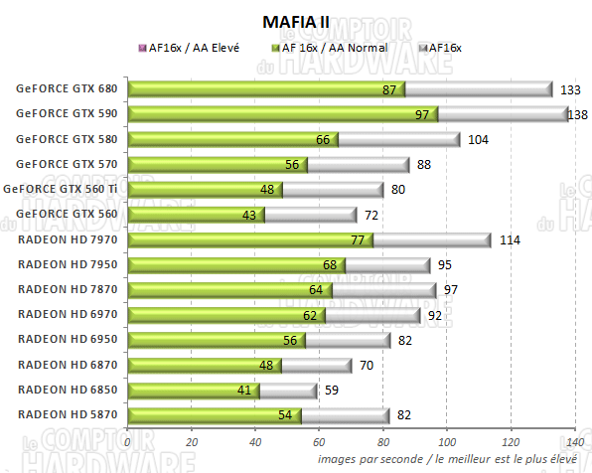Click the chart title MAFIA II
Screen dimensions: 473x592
pyautogui.click(x=295, y=20)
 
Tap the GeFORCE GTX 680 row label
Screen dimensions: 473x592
pyautogui.click(x=67, y=88)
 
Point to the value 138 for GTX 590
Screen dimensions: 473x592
pyautogui.click(x=575, y=114)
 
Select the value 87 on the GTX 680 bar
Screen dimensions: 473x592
pyautogui.click(x=389, y=89)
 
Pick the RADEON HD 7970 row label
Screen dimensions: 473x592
pyautogui.click(x=67, y=239)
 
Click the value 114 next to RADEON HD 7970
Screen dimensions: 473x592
pyautogui.click(x=509, y=239)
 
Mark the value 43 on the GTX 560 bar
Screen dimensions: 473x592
pyautogui.click(x=248, y=215)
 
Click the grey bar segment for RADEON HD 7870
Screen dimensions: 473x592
pyautogui.click(x=383, y=290)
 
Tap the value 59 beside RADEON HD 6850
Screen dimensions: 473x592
pyautogui.click(x=333, y=391)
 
